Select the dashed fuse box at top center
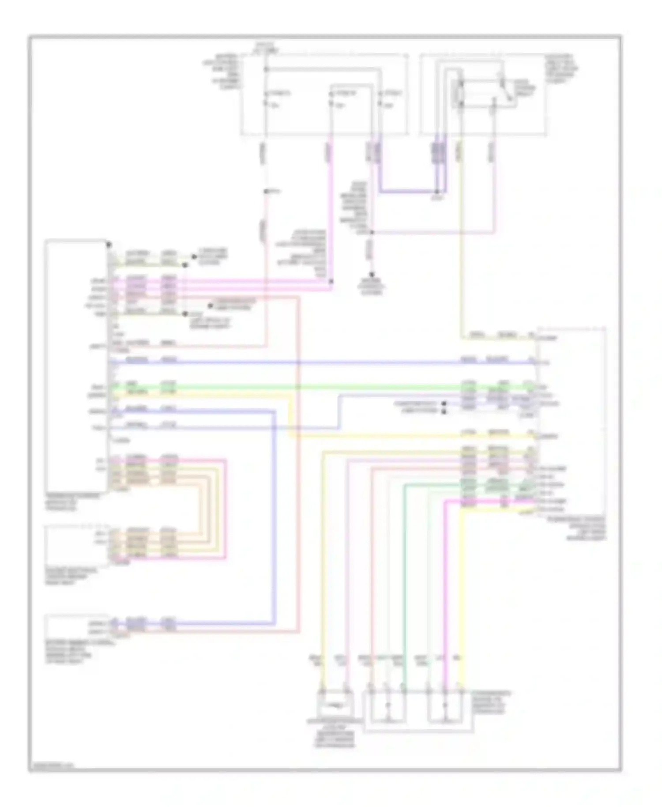click(324, 94)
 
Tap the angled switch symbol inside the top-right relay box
click(508, 93)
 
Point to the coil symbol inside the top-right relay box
click(460, 93)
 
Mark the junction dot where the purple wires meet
click(437, 192)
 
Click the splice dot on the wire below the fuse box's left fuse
click(266, 191)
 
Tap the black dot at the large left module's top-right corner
click(109, 244)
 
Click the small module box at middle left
click(76, 547)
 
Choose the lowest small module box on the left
click(76, 626)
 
